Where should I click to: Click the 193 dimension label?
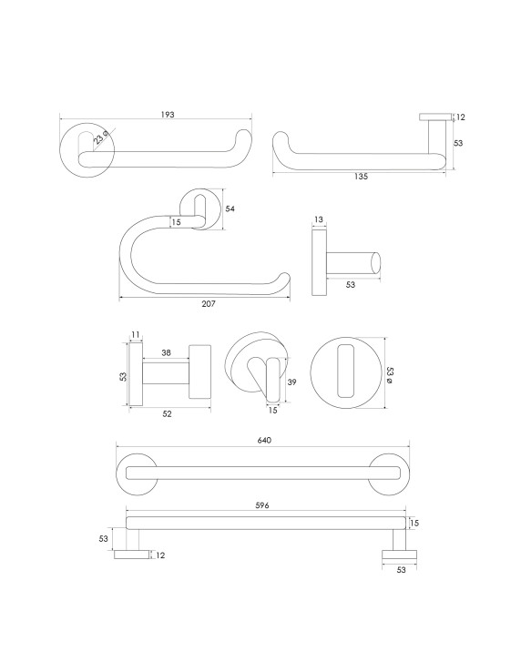[168, 115]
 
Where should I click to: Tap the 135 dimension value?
[361, 176]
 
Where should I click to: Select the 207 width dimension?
[209, 304]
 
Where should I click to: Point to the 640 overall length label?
[264, 440]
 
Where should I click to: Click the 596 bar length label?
[262, 505]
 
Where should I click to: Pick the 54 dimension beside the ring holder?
[230, 209]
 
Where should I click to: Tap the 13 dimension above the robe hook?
[319, 219]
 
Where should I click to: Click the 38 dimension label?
[167, 352]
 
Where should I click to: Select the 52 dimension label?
[168, 414]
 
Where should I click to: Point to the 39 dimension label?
[291, 382]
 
